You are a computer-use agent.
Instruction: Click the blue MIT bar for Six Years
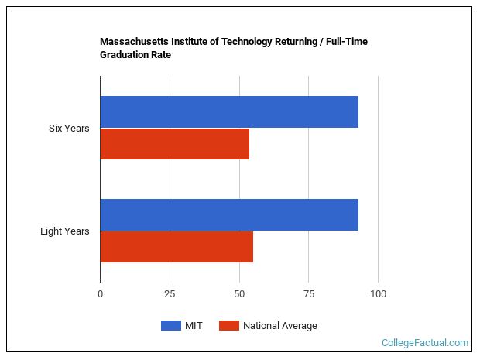[229, 111]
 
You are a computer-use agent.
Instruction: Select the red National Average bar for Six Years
[175, 144]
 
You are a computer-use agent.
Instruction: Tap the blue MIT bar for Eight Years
[229, 214]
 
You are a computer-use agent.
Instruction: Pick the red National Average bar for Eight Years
[177, 247]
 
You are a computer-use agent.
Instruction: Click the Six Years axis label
[69, 128]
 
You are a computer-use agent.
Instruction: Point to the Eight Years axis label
[65, 231]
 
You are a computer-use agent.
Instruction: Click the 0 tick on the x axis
[100, 294]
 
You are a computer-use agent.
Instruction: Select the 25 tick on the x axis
[170, 294]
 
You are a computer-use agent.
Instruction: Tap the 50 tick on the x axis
[239, 294]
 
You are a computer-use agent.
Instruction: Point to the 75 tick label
[308, 294]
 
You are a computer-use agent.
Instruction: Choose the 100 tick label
[378, 294]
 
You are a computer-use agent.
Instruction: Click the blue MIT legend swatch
[170, 326]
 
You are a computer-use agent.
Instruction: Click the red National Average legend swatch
[229, 326]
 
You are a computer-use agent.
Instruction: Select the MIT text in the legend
[194, 326]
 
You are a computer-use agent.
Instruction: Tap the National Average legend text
[279, 326]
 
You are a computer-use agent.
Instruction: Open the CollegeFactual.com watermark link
[425, 342]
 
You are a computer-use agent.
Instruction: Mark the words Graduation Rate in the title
[135, 55]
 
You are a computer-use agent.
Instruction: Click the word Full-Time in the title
[345, 42]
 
